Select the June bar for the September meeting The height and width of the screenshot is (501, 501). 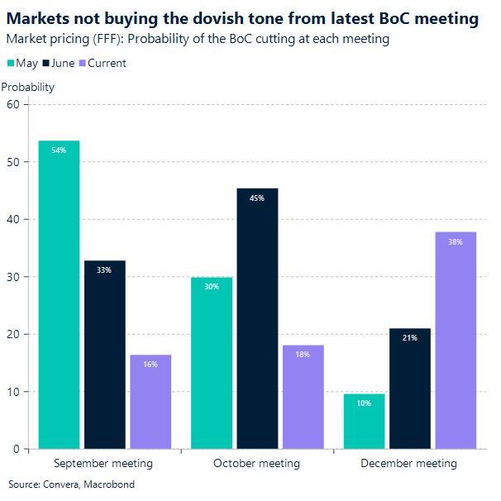point(105,355)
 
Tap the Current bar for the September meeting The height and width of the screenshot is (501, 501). point(150,402)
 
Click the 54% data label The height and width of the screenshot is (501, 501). point(59,150)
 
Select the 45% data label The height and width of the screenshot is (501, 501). point(257,198)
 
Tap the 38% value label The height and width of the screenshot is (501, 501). point(456,242)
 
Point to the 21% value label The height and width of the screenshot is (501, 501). point(410,338)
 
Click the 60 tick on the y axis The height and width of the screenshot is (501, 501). point(12,104)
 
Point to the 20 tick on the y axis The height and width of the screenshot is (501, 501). point(12,334)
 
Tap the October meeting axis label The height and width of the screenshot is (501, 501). point(256,464)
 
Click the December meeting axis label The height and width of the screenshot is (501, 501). point(408,464)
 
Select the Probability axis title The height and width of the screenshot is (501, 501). point(28,87)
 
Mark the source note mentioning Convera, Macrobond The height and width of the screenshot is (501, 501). point(71,484)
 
